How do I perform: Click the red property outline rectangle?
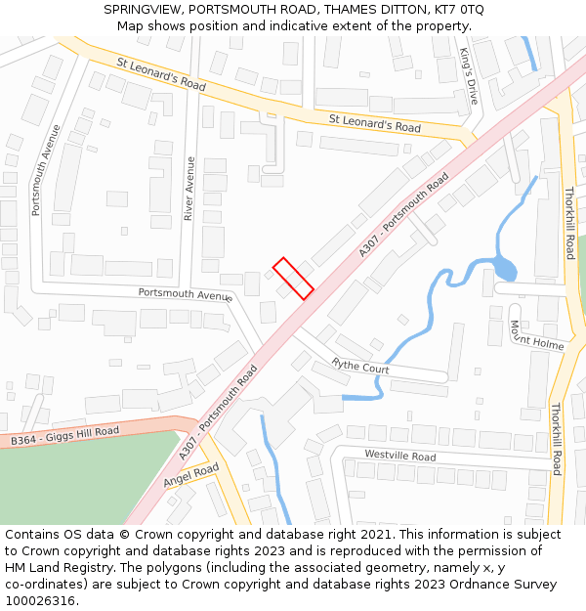pyautogui.click(x=293, y=278)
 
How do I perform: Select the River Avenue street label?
pyautogui.click(x=189, y=189)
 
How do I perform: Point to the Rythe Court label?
pyautogui.click(x=360, y=367)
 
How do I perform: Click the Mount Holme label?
pyautogui.click(x=535, y=334)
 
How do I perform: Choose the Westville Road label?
pyautogui.click(x=399, y=456)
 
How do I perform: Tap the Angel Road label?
pyautogui.click(x=190, y=475)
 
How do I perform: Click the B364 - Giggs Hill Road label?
pyautogui.click(x=64, y=436)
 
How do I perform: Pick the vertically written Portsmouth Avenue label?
pyautogui.click(x=34, y=170)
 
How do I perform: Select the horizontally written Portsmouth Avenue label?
pyautogui.click(x=185, y=293)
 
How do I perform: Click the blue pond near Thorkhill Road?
pyautogui.click(x=505, y=268)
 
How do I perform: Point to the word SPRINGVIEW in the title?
pyautogui.click(x=145, y=10)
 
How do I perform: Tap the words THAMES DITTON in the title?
pyautogui.click(x=372, y=10)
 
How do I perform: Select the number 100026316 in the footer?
pyautogui.click(x=41, y=601)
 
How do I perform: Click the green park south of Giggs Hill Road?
pyautogui.click(x=68, y=484)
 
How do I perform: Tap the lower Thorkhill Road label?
pyautogui.click(x=557, y=439)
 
